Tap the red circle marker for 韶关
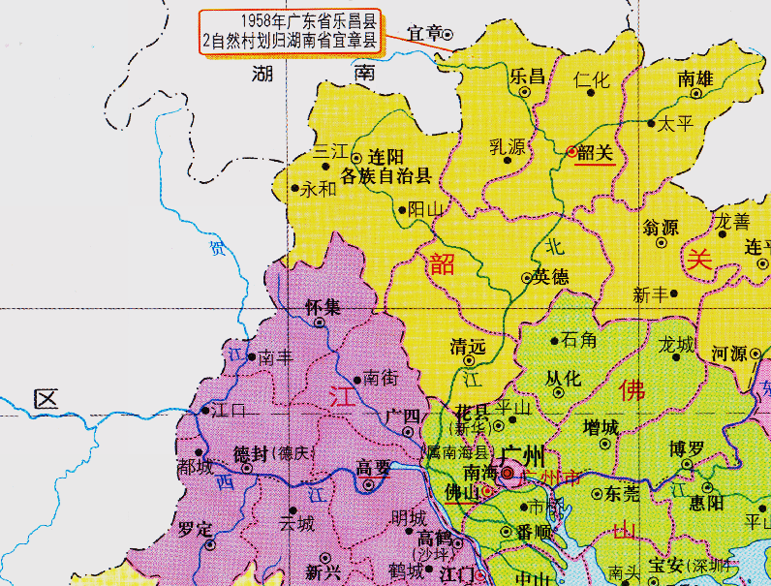571,151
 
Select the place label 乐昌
528,76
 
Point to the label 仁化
592,80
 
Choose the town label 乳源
507,147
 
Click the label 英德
551,277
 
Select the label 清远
468,346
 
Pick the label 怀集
323,307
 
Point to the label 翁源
661,229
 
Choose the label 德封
250,453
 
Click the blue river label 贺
217,249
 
